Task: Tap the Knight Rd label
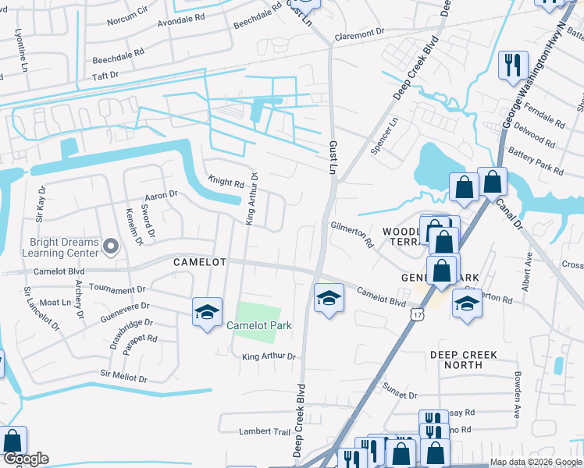pos(226,183)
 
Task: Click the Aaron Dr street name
pos(162,194)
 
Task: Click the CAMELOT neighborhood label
pos(199,264)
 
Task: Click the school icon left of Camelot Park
pos(207,313)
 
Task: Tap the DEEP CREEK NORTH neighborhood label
pos(463,360)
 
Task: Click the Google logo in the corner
pos(25,459)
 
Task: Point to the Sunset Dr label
pos(401,395)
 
